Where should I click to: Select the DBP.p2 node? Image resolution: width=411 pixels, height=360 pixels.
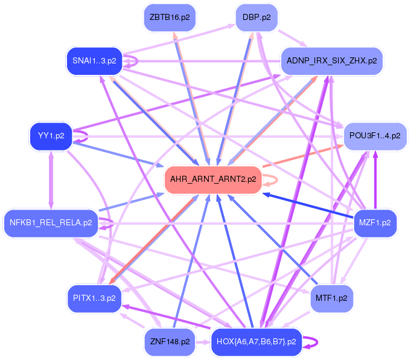[256, 18]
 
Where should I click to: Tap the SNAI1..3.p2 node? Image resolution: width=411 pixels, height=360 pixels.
[94, 60]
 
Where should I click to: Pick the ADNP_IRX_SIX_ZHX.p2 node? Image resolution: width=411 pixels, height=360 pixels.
[331, 61]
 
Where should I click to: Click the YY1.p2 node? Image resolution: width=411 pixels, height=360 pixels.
[51, 135]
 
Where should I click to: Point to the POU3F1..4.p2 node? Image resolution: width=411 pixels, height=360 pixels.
[375, 136]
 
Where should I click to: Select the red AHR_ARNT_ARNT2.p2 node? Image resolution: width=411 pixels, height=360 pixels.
[213, 179]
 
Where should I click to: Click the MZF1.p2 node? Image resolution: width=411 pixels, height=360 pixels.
[375, 223]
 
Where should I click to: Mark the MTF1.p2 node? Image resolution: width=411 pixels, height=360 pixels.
[331, 298]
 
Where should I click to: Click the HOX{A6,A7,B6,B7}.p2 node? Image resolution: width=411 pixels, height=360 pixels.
[256, 342]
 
